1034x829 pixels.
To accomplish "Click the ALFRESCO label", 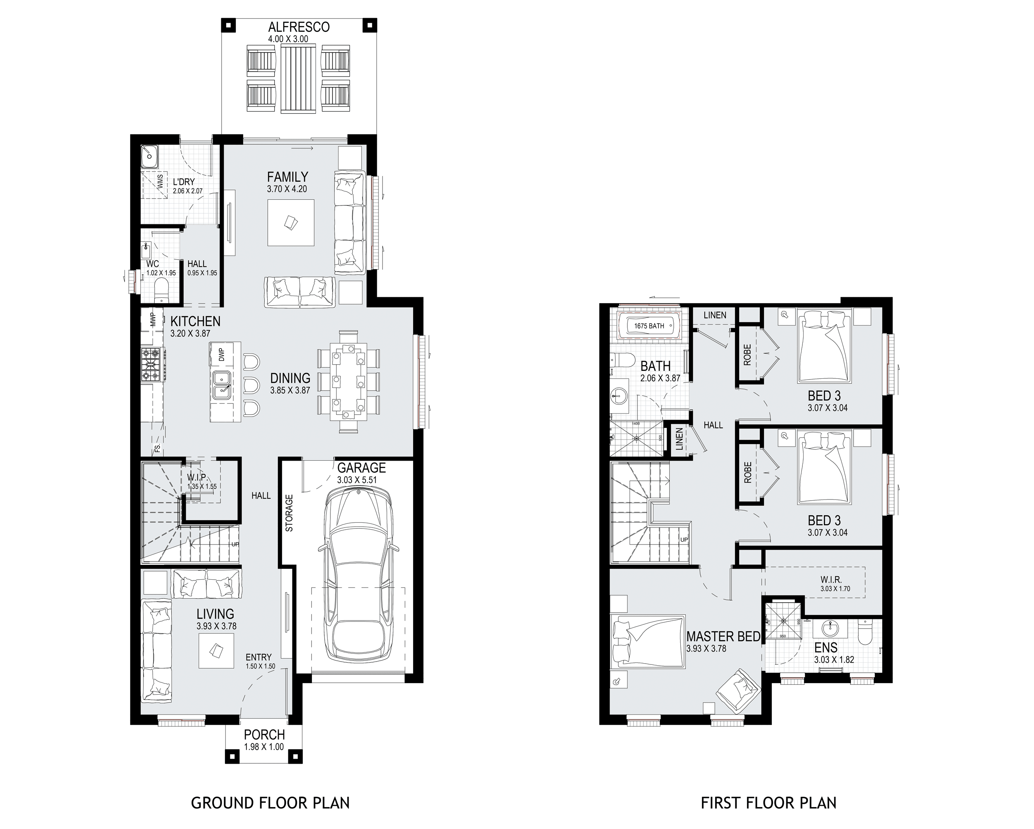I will coord(299,27).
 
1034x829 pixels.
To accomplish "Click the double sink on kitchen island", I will coord(222,385).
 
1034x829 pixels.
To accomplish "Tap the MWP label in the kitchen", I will coord(153,319).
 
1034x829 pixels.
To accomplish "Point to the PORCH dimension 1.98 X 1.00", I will coord(264,747).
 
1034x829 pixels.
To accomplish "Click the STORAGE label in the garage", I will coord(289,513).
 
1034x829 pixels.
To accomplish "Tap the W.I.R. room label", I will coord(831,580).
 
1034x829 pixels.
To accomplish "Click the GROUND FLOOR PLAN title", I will coord(270,803).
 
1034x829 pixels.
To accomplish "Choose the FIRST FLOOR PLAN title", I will coord(768,803).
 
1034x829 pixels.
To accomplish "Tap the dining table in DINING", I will coord(349,381).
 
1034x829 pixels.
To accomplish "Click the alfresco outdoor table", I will coord(298,79).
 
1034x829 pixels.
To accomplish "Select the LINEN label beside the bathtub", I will coord(715,315).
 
